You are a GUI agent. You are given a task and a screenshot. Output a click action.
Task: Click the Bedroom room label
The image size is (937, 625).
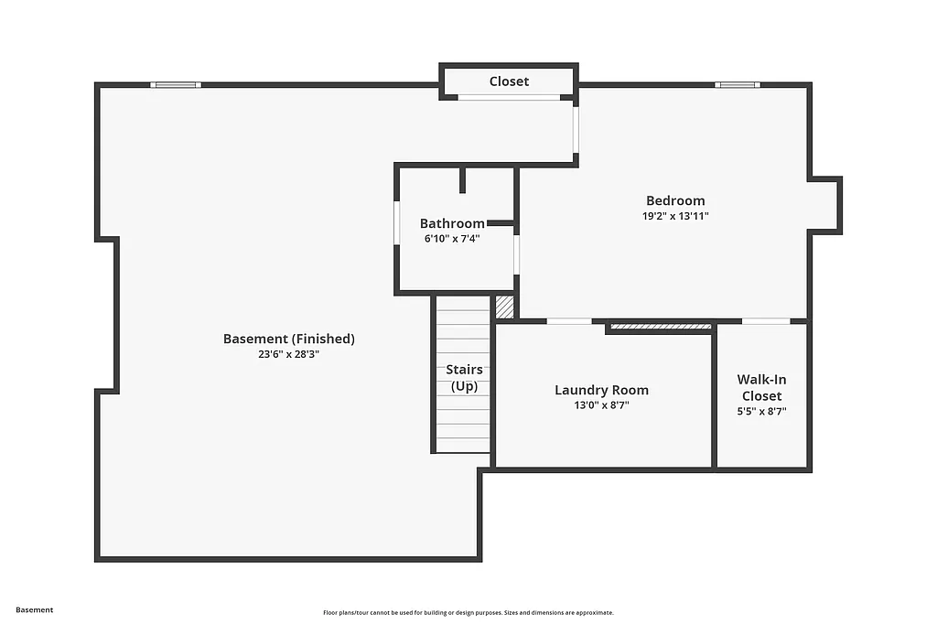point(675,201)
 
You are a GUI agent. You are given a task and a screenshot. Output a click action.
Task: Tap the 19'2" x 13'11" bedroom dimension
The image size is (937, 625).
point(675,217)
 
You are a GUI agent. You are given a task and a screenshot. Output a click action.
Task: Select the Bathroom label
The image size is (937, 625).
point(452,223)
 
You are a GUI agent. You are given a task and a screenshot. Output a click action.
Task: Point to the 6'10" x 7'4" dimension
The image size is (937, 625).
point(452,239)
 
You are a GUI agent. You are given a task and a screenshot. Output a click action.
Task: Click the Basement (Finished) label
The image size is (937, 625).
point(288,339)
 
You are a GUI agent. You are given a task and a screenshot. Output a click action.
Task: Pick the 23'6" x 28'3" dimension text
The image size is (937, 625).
point(288,354)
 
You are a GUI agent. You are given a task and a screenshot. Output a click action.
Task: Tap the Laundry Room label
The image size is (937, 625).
point(601,390)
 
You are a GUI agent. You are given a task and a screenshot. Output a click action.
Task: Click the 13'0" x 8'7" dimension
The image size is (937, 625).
point(601,405)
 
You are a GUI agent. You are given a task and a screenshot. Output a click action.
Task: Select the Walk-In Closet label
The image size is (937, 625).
point(761,387)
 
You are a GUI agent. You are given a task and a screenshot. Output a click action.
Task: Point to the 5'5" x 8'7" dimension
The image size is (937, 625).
point(761,412)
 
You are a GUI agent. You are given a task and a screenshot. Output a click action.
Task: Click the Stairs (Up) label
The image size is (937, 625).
point(464,378)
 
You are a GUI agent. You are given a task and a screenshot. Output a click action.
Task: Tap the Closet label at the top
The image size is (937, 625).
point(509,81)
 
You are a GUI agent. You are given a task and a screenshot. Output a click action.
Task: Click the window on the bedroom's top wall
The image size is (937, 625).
point(737,85)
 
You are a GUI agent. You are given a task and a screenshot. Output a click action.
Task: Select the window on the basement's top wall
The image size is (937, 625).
point(176,85)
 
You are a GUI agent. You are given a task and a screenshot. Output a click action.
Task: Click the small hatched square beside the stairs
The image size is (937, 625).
point(504,307)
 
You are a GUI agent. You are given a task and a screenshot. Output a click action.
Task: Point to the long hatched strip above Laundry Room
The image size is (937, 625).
point(660,326)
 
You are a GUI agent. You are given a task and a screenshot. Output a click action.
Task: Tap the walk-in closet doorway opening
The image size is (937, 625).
point(765,321)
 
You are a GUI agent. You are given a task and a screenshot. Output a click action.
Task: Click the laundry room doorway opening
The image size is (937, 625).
point(569,321)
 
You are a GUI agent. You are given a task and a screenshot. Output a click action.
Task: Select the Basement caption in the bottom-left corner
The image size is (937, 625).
point(35,609)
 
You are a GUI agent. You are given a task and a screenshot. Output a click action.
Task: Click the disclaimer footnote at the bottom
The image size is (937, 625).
point(468,613)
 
